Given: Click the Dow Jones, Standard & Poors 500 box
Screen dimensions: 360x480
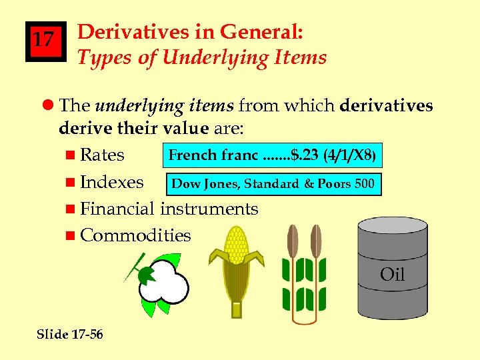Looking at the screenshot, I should tap(273, 183).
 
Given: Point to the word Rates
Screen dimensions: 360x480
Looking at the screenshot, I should tap(102, 155).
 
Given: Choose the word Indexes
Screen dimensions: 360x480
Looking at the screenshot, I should tap(111, 182).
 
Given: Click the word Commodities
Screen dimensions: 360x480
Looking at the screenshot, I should tap(135, 235).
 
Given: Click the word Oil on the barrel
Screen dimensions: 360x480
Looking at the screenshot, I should tap(392, 274).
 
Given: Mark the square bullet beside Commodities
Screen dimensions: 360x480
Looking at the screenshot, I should tap(71, 235).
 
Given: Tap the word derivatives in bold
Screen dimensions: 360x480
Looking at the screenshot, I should tap(387, 105).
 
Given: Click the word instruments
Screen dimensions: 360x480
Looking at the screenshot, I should tap(209, 209).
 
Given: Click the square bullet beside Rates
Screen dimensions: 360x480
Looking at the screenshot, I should tap(71, 155).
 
